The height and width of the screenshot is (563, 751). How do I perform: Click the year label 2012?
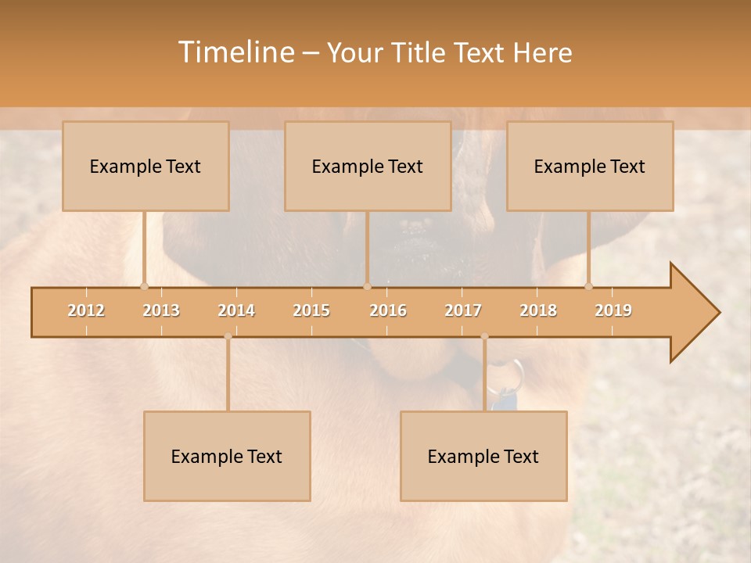(86, 310)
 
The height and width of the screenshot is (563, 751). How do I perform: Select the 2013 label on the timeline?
(161, 310)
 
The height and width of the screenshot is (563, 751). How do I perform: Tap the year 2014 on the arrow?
(236, 310)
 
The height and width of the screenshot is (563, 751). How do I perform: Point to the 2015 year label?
(311, 310)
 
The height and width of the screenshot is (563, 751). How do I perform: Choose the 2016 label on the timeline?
(388, 310)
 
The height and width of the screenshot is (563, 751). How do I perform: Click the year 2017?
(463, 310)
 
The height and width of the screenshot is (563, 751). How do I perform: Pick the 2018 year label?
(538, 310)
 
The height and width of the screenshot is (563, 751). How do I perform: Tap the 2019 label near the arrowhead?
(613, 310)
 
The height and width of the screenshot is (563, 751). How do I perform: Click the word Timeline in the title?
(235, 52)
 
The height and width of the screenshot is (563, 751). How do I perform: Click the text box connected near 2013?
(146, 166)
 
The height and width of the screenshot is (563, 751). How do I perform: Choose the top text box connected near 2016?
(368, 166)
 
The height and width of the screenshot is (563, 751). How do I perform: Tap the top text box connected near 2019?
(590, 166)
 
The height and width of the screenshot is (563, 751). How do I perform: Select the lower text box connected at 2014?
(227, 456)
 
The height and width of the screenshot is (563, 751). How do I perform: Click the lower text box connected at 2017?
(483, 456)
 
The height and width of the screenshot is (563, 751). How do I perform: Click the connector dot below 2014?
(228, 336)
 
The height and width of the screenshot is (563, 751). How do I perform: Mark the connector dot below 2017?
(484, 336)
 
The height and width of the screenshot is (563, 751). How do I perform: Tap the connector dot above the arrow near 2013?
(144, 286)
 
